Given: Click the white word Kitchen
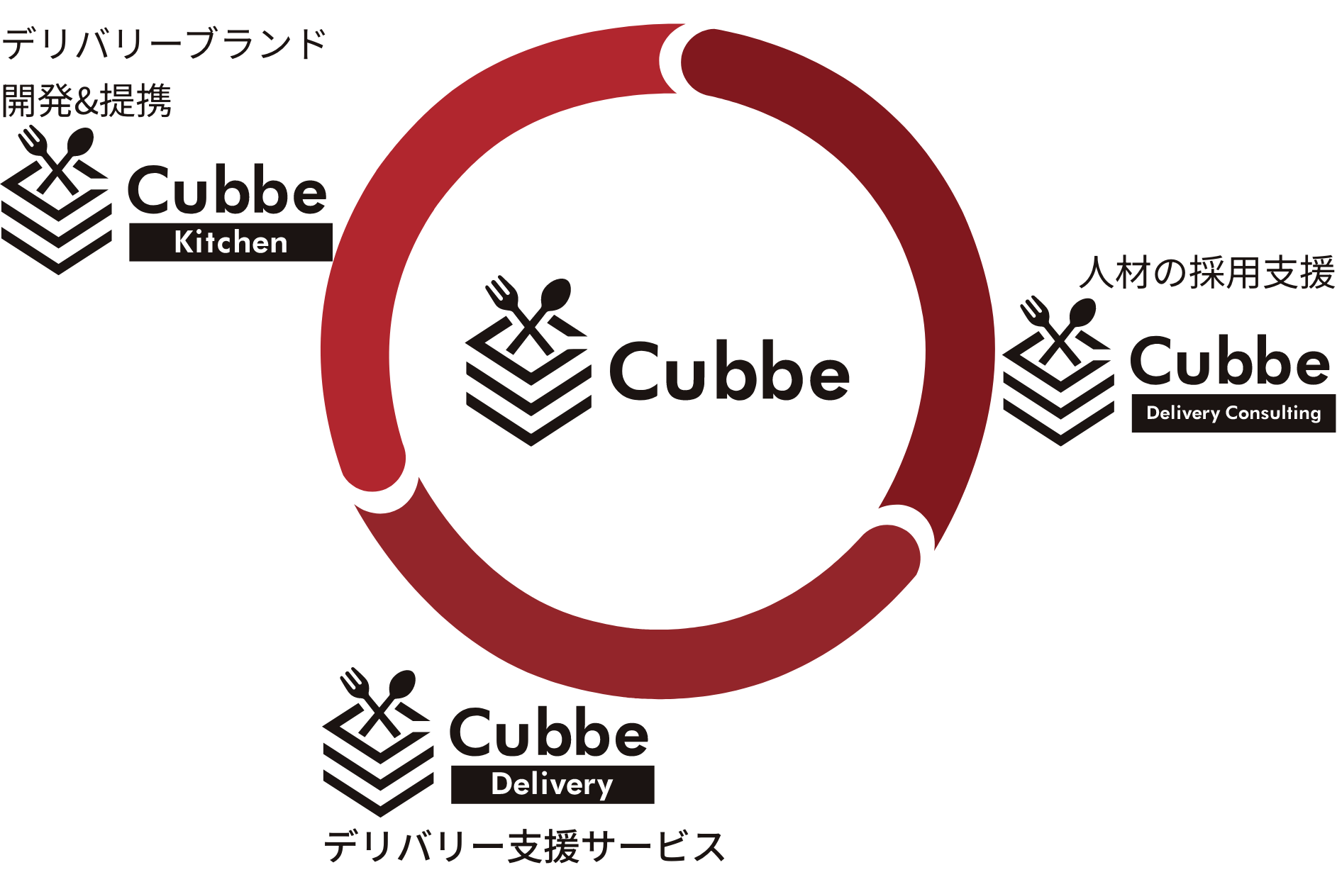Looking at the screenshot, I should [231, 242].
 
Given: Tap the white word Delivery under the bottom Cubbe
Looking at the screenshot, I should [552, 784].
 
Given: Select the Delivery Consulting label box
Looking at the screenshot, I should [1233, 413].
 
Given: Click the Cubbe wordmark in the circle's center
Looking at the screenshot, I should [729, 372].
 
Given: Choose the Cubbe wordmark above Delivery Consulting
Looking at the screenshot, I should [1230, 361].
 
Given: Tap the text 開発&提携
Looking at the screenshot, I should [87, 100].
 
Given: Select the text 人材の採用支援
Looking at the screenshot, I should [1206, 273].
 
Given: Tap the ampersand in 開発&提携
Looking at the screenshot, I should [87, 101].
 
